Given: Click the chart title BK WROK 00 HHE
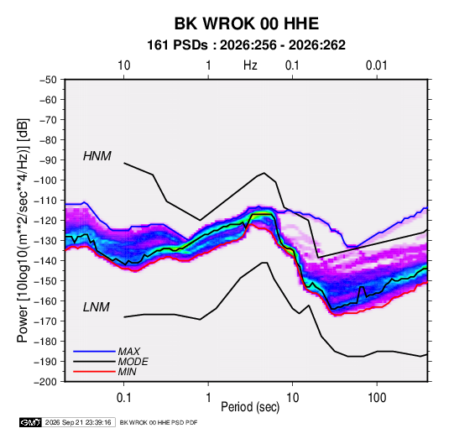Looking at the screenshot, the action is (247, 24).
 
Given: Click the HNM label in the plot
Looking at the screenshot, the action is (97, 156).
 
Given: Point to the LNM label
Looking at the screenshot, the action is (97, 307).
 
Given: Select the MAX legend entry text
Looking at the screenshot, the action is (129, 352).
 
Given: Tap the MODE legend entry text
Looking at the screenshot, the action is (133, 362).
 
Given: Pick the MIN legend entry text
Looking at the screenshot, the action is (127, 372).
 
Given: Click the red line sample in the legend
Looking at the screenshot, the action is (94, 372).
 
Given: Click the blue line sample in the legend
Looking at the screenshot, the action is (94, 351).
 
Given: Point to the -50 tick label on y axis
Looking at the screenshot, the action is (48, 80).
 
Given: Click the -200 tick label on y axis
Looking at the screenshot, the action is (45, 382).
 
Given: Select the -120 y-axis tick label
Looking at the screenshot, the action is (45, 221).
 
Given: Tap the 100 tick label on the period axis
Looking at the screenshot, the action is (377, 398).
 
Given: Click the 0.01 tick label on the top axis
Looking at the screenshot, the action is (377, 65).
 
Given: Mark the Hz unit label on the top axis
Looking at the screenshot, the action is (250, 65).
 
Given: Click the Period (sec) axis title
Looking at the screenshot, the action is (250, 407).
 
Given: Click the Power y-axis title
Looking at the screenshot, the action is (23, 230).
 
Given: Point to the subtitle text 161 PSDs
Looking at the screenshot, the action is (177, 45).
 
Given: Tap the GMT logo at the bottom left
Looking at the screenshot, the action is (31, 422).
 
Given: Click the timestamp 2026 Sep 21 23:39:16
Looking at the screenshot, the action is (78, 422).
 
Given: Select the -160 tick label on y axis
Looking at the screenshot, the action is (45, 301).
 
